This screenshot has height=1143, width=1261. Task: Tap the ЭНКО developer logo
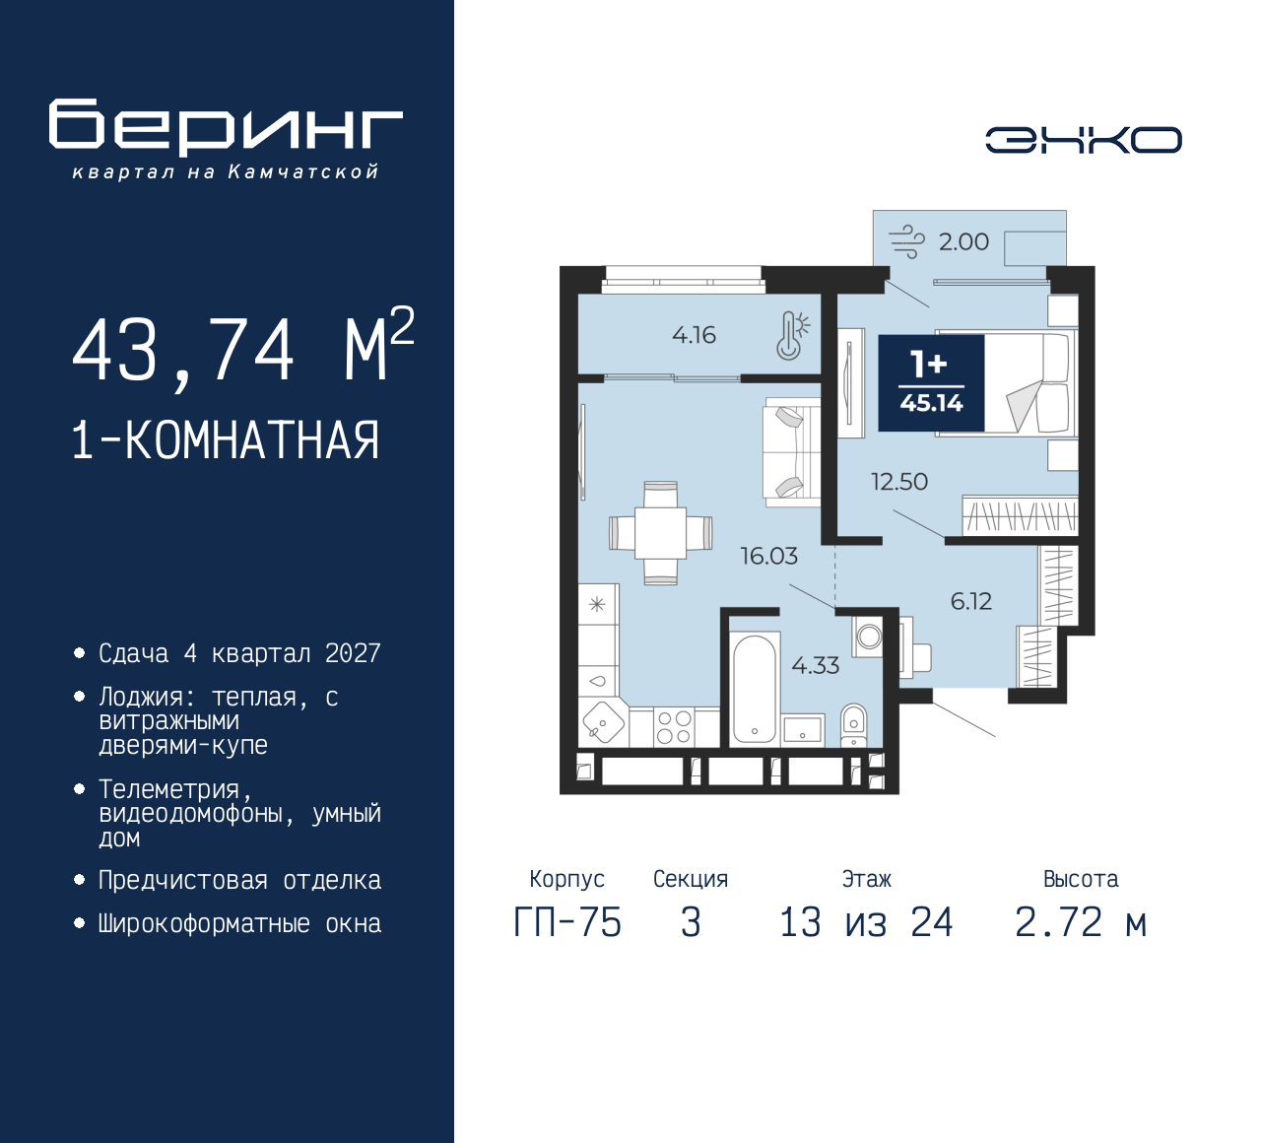[1083, 140]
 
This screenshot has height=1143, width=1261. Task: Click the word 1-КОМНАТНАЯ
[226, 440]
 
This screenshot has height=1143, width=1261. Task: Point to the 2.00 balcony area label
[963, 242]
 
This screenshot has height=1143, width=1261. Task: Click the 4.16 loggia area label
[694, 335]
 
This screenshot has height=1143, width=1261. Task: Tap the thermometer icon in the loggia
[791, 336]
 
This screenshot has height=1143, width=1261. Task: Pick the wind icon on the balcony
[906, 242]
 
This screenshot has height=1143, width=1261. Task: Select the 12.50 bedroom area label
[898, 482]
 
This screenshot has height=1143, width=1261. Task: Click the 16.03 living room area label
[768, 556]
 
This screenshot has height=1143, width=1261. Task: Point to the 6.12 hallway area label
[970, 602]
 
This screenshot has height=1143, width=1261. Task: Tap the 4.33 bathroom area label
[816, 665]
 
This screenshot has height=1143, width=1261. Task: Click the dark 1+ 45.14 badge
[931, 383]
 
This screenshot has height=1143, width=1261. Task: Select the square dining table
[660, 533]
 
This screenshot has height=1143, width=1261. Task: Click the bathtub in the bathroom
[755, 689]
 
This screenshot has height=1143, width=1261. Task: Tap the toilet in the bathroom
[853, 725]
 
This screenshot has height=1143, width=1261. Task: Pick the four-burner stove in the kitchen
[674, 727]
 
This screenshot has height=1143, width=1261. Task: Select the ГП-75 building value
[567, 923]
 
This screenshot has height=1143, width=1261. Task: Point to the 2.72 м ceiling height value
[1081, 923]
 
